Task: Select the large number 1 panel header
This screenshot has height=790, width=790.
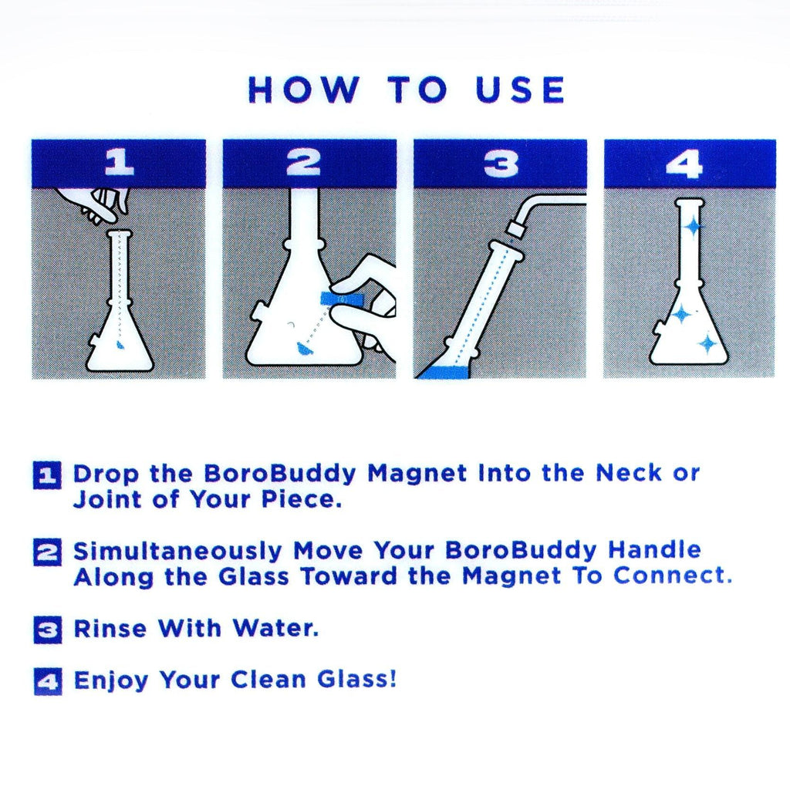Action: tap(118, 163)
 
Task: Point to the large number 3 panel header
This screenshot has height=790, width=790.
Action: tap(500, 163)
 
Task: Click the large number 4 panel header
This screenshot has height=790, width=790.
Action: tap(688, 163)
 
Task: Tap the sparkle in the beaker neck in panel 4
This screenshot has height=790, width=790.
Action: tap(692, 225)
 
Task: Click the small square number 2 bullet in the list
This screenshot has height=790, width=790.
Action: tap(47, 552)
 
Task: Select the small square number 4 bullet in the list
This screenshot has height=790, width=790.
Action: tap(47, 681)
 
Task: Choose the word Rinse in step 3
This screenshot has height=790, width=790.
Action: tap(110, 629)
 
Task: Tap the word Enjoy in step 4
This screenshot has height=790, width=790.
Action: tap(111, 681)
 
